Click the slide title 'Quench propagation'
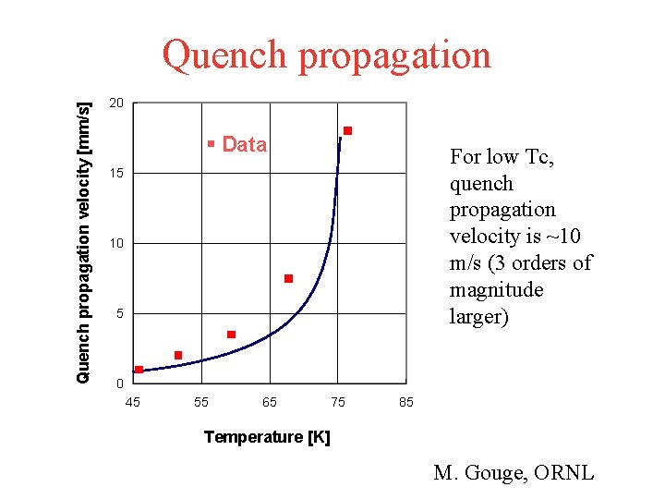327,55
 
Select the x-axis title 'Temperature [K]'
267,437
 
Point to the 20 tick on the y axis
115,103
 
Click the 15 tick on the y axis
115,174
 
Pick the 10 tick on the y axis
115,244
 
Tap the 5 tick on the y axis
119,315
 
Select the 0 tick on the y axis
119,384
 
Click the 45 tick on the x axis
133,402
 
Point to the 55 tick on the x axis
201,402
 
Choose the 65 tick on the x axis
270,402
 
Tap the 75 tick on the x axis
338,402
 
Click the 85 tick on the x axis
406,402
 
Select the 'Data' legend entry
238,144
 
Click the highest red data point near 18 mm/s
347,131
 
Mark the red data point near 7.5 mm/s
288,278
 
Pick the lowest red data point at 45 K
139,370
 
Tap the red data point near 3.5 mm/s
231,334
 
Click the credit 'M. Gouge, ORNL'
514,473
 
